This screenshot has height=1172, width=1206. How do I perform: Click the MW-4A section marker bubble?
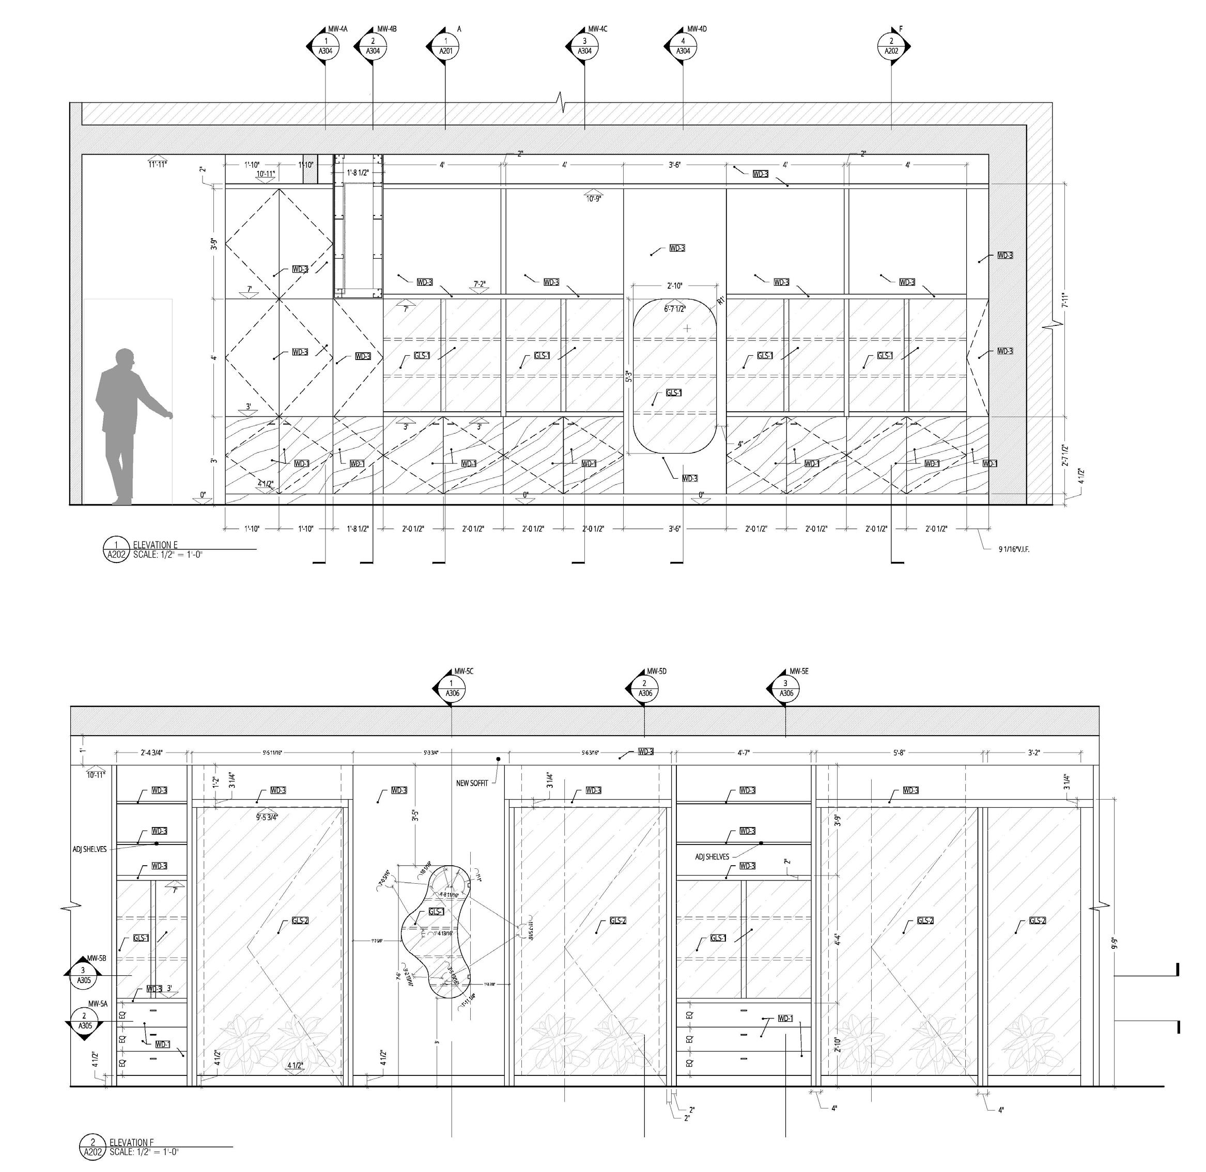pyautogui.click(x=326, y=47)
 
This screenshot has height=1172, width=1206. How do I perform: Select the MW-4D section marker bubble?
pyautogui.click(x=683, y=47)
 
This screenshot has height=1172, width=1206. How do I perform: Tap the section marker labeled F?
pyautogui.click(x=891, y=47)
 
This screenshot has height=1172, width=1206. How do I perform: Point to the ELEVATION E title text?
pyautogui.click(x=155, y=545)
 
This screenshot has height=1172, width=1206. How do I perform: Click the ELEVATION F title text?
pyautogui.click(x=132, y=1143)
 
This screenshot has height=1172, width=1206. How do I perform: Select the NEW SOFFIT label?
pyautogui.click(x=472, y=783)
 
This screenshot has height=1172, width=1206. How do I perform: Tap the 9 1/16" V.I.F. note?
pyautogui.click(x=1014, y=549)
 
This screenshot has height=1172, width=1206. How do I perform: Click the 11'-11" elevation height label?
pyautogui.click(x=157, y=164)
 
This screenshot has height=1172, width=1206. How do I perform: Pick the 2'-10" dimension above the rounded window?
pyautogui.click(x=675, y=286)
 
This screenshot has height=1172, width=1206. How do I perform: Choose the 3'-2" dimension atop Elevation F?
pyautogui.click(x=1033, y=752)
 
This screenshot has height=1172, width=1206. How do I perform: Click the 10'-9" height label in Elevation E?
pyautogui.click(x=594, y=198)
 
